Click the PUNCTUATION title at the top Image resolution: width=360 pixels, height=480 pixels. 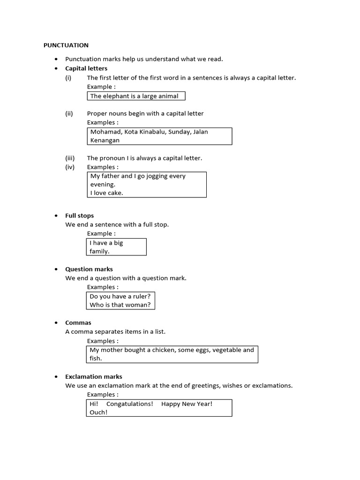tap(66, 45)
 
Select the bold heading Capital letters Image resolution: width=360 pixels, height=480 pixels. tap(86, 68)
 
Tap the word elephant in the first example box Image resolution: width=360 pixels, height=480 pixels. tap(115, 96)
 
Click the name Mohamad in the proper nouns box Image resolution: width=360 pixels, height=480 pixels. tap(106, 132)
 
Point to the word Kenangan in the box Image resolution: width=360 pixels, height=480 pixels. tap(105, 140)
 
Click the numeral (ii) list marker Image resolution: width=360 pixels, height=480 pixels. tap(69, 113)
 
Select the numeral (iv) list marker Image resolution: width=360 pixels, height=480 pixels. tap(70, 167)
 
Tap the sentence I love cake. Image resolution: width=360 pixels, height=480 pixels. tap(106, 193)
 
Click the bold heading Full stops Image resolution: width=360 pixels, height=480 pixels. tap(79, 216)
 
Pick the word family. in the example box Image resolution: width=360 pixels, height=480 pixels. tap(99, 251)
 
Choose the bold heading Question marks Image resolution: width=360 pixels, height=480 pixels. tap(89, 269)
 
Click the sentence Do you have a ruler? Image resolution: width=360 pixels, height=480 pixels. tap(120, 296)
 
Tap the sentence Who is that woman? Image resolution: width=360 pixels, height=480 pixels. tap(120, 305)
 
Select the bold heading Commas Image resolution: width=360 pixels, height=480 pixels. tap(78, 322)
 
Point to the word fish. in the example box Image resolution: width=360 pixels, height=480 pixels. tap(96, 359)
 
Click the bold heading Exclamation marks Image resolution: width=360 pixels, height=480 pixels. tap(94, 376)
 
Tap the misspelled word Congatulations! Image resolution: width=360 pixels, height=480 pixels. tap(130, 404)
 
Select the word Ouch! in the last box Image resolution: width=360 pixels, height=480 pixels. tap(98, 412)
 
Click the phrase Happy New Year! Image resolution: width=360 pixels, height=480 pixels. tap(187, 404)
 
